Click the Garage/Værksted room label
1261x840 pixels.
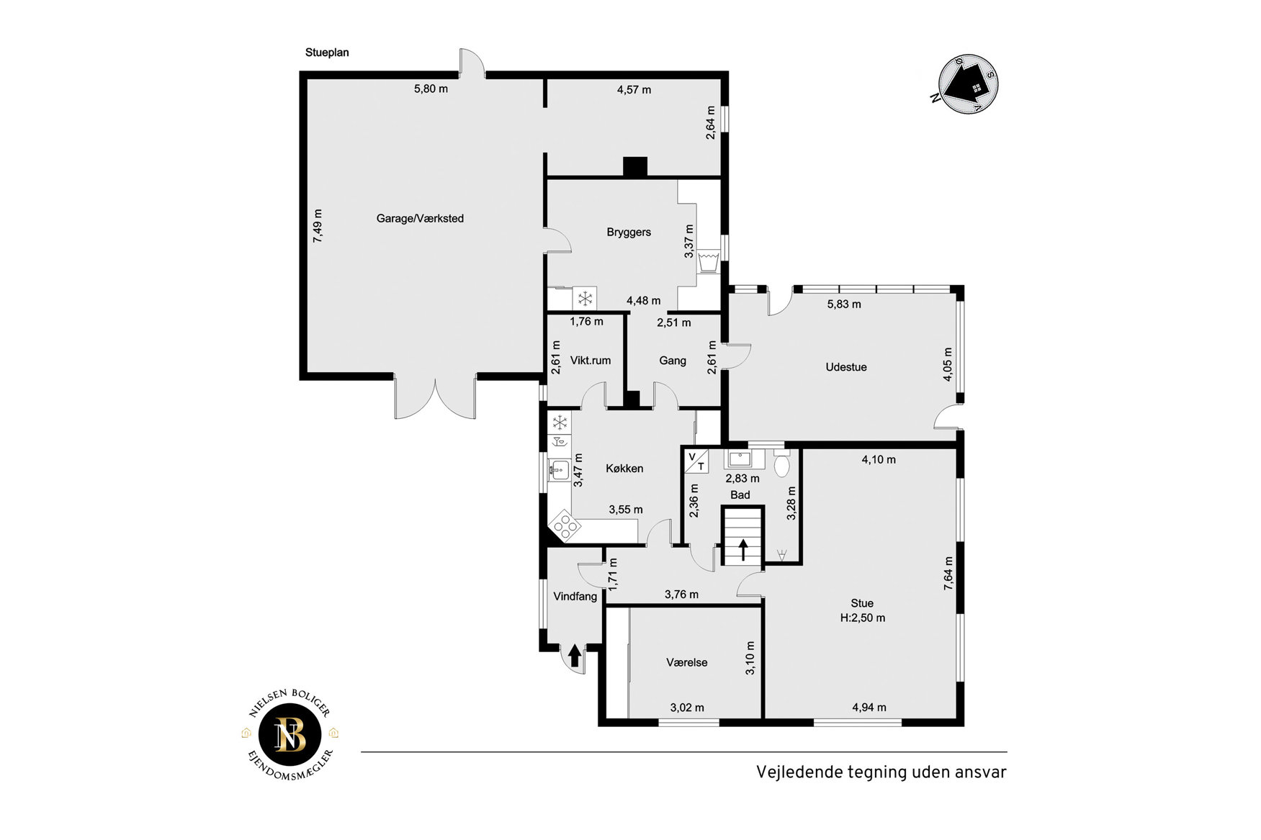420,219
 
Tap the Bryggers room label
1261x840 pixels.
629,232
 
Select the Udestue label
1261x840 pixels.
846,367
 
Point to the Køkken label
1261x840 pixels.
624,469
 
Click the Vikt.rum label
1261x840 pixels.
591,361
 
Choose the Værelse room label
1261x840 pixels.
687,663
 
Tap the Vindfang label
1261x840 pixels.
575,597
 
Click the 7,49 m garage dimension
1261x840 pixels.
318,226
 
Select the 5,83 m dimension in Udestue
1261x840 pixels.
844,304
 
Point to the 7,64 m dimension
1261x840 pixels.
948,574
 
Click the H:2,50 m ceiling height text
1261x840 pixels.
863,618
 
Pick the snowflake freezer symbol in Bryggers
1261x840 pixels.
585,298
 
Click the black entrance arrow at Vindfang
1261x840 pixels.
575,656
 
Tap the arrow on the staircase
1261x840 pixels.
743,550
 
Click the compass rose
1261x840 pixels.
969,85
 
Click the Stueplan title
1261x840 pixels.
327,53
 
